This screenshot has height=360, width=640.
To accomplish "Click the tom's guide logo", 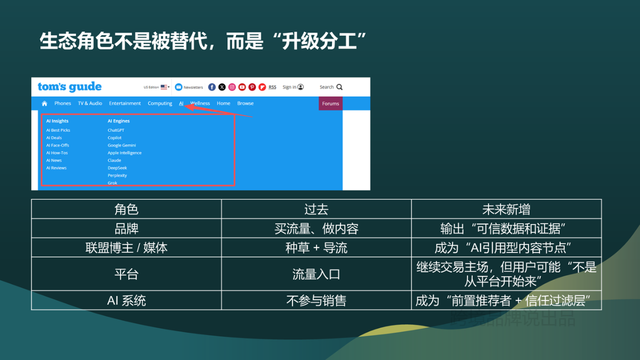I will pyautogui.click(x=69, y=87).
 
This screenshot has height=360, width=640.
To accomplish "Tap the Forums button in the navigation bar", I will pyautogui.click(x=330, y=103).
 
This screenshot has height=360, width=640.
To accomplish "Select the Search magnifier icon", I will pyautogui.click(x=339, y=87).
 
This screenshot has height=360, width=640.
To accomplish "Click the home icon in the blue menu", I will pyautogui.click(x=44, y=103).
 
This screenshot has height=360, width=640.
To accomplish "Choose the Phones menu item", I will pyautogui.click(x=62, y=103).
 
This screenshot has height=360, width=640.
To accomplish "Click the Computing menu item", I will pyautogui.click(x=160, y=103).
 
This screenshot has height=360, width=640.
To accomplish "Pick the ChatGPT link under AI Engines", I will pyautogui.click(x=116, y=130).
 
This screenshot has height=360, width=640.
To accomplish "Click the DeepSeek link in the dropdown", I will pyautogui.click(x=117, y=168).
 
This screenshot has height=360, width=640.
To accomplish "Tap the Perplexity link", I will pyautogui.click(x=117, y=175).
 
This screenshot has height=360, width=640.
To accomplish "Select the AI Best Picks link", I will pyautogui.click(x=58, y=130).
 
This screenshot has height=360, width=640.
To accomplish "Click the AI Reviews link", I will pyautogui.click(x=56, y=168).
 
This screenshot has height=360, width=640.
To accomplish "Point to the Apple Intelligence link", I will pyautogui.click(x=124, y=153).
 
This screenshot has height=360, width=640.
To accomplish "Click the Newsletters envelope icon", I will pyautogui.click(x=178, y=87).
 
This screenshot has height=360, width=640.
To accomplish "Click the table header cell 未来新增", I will pyautogui.click(x=506, y=209).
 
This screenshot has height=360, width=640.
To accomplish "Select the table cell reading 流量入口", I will pyautogui.click(x=316, y=274).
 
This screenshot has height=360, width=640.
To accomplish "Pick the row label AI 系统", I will pyautogui.click(x=126, y=300).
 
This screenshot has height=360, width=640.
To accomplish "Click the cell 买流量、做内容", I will pyautogui.click(x=316, y=229).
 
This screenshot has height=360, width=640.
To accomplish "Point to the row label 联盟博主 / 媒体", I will pyautogui.click(x=126, y=248).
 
